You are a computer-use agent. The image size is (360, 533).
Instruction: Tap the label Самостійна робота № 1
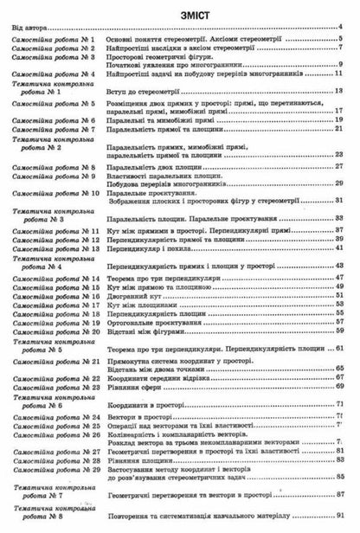(x=53, y=42)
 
